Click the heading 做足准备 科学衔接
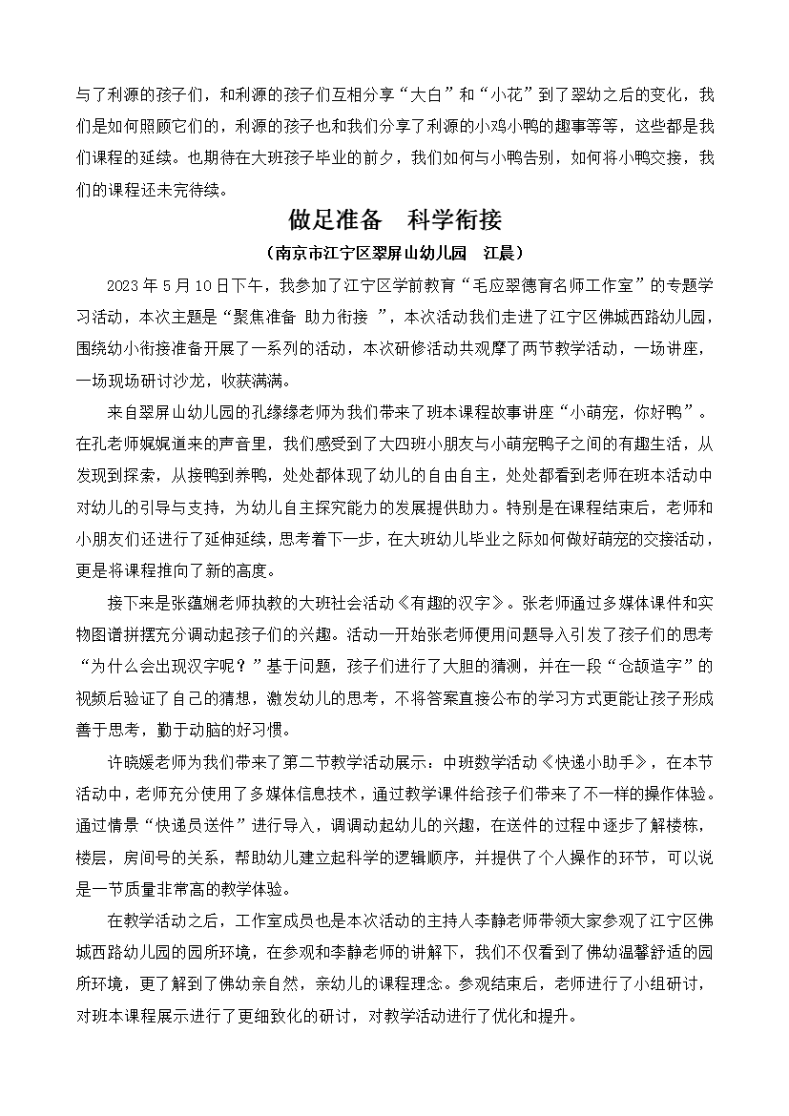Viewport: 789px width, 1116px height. coord(394,221)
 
